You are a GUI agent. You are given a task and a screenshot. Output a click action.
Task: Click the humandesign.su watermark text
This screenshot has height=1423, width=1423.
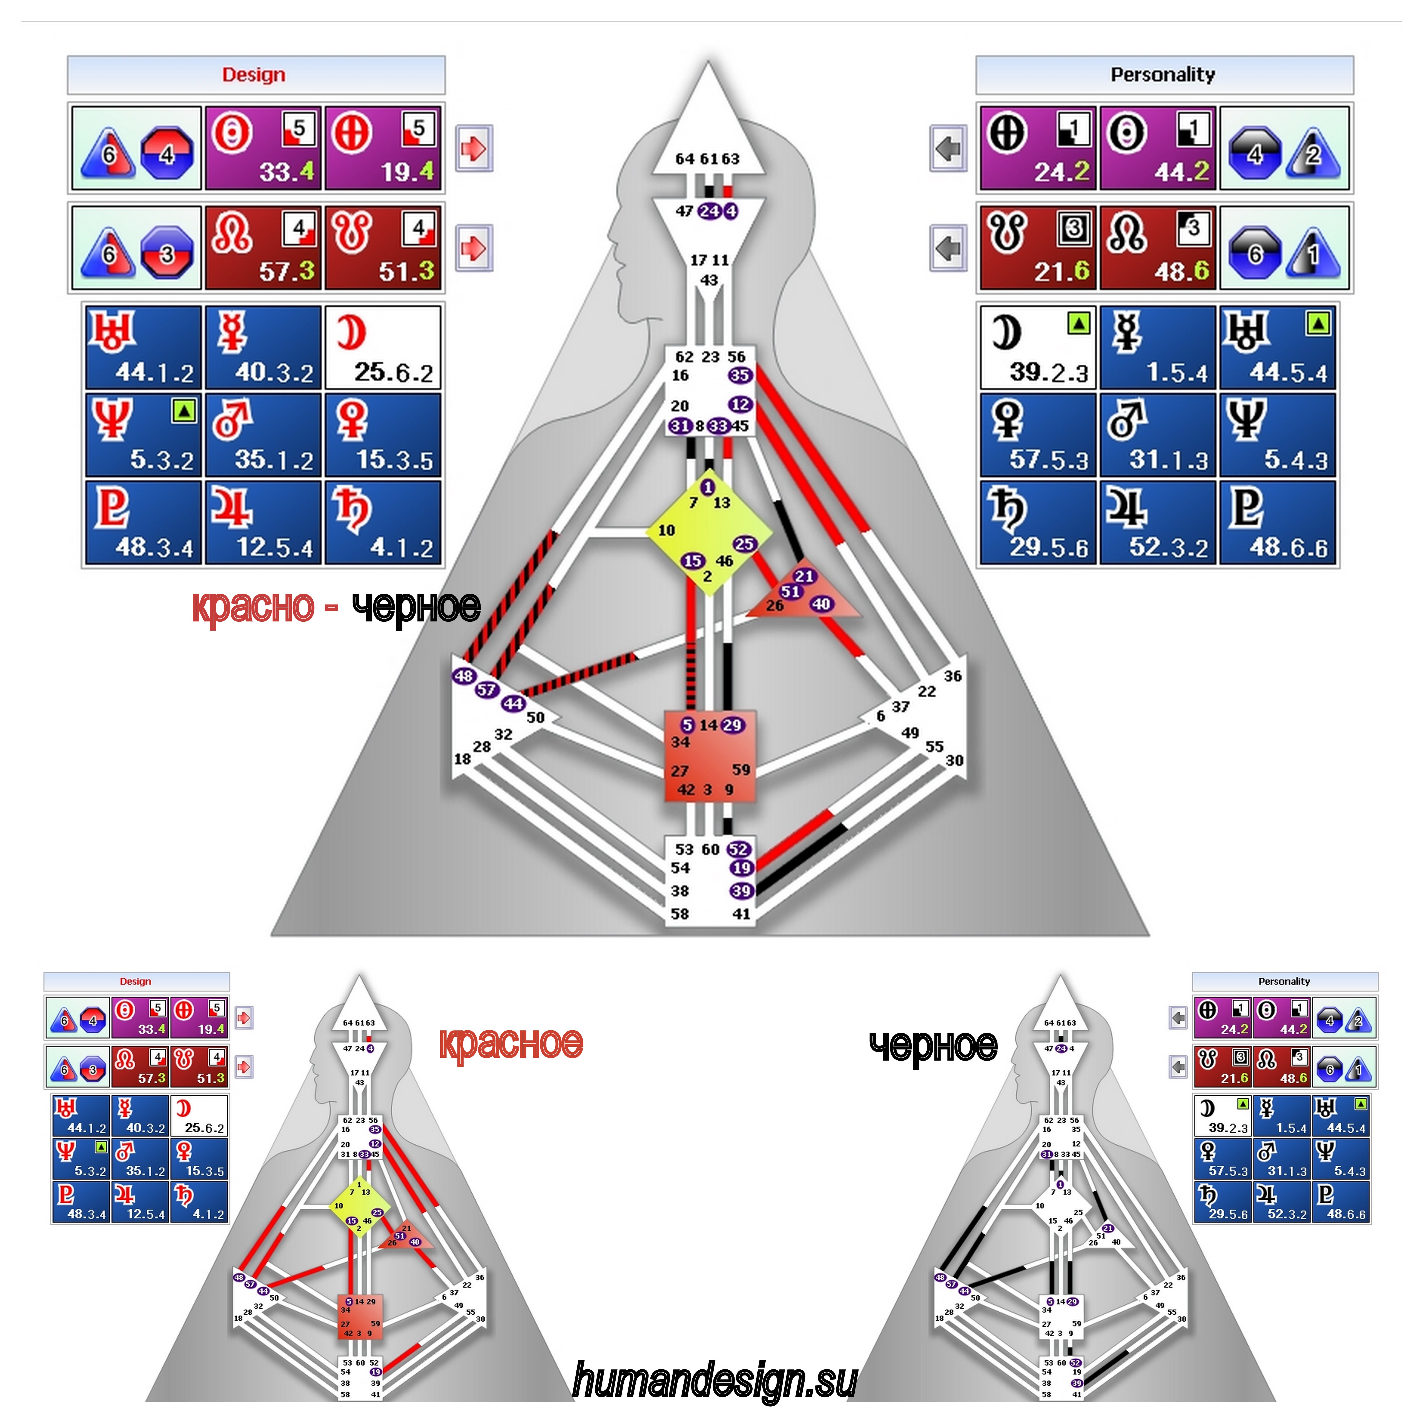(715, 1381)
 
